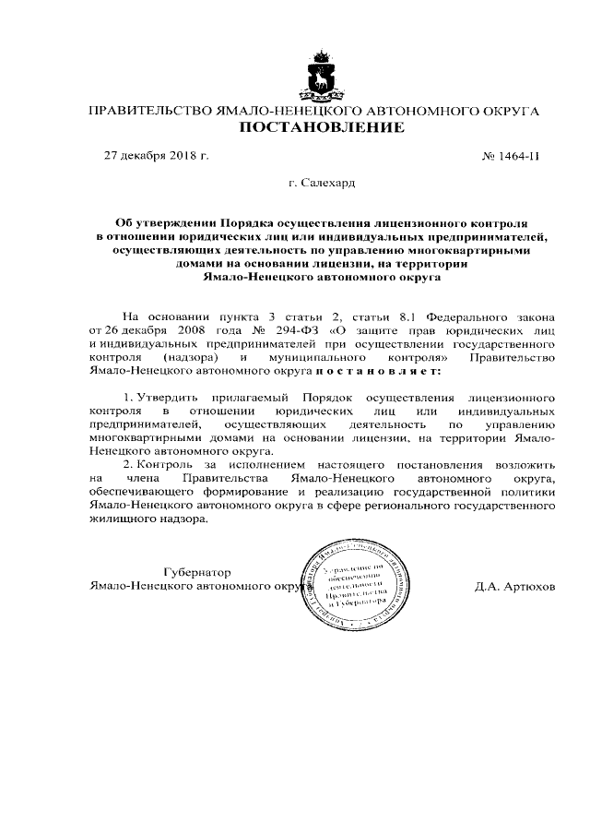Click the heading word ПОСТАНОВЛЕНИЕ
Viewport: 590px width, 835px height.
(x=322, y=128)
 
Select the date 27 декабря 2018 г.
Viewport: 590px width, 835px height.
(x=157, y=156)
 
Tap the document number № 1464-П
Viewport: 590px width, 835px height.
(x=511, y=156)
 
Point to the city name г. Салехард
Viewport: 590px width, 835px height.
(x=322, y=184)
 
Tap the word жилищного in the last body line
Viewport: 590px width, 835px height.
(x=123, y=521)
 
